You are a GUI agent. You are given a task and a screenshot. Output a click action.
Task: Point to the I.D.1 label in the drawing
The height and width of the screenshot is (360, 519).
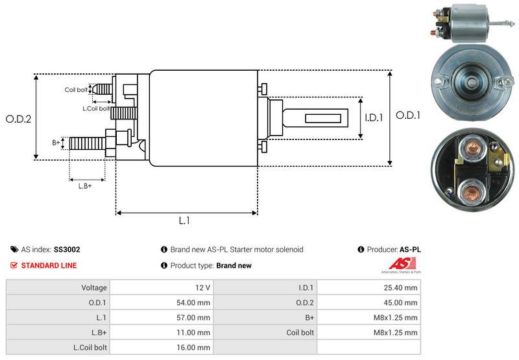tap(374, 118)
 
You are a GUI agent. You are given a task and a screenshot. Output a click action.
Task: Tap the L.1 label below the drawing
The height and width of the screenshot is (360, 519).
tap(184, 221)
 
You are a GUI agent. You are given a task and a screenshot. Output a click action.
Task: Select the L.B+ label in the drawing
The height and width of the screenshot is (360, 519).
tap(85, 186)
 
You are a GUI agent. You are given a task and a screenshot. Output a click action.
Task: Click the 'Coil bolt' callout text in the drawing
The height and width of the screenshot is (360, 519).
tap(76, 90)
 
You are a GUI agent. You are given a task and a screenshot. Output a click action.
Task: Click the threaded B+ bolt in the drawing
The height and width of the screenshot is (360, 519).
tap(87, 142)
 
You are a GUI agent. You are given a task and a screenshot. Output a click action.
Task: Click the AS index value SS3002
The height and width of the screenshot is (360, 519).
tap(67, 249)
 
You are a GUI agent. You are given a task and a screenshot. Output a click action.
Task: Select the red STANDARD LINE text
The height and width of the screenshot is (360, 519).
tap(49, 265)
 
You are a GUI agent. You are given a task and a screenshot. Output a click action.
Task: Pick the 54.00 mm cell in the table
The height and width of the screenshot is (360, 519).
tap(195, 302)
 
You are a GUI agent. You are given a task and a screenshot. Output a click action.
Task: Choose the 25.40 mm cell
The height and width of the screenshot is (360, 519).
tap(402, 287)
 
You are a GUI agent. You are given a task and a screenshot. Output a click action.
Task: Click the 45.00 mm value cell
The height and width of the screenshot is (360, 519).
tap(402, 302)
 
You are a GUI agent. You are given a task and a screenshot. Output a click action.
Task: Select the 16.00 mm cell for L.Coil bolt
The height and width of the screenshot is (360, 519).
tap(195, 347)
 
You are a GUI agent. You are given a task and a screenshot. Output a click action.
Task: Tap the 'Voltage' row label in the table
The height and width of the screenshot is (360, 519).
tap(94, 287)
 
